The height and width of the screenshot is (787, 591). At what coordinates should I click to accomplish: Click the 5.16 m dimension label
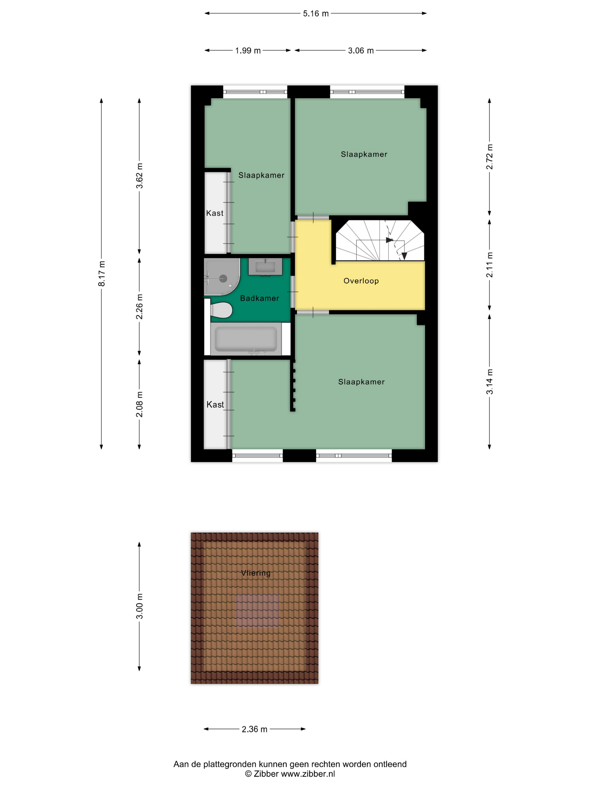316,13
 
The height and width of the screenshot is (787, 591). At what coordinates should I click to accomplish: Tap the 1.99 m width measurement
248,51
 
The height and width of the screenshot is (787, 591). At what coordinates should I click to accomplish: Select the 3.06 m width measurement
361,51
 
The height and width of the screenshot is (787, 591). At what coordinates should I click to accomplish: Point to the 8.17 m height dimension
102,273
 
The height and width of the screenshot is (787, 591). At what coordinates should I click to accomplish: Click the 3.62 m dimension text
140,176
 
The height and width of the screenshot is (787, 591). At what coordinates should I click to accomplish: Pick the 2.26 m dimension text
140,306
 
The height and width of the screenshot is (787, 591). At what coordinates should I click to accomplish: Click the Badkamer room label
259,298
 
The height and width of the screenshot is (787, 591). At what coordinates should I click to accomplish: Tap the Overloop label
361,281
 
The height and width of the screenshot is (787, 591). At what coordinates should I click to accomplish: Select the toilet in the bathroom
221,310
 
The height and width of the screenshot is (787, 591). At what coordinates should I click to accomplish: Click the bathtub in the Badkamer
246,339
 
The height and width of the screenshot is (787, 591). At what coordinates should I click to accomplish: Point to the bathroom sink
265,267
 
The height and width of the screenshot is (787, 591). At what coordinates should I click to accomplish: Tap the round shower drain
223,279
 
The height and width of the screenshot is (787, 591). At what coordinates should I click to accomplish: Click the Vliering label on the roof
256,573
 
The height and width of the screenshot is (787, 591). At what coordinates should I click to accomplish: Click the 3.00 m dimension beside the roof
140,606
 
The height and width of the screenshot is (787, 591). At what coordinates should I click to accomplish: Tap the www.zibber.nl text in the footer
308,774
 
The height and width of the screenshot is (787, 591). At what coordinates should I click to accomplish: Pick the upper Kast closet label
215,213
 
